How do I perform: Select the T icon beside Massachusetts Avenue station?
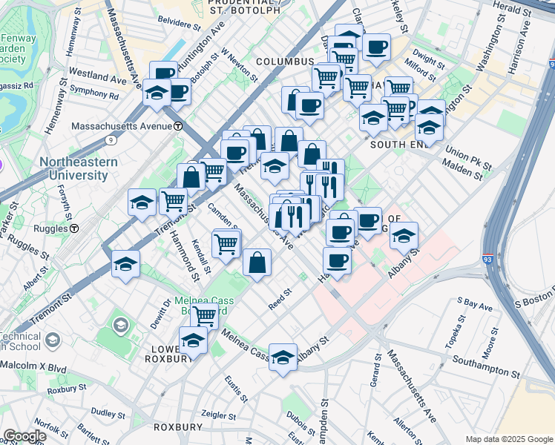(178, 126)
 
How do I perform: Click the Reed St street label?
(280, 300)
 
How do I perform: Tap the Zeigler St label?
(217, 415)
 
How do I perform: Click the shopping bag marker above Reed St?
(257, 263)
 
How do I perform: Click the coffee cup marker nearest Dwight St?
(376, 48)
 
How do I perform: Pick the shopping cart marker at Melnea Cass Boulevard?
(204, 316)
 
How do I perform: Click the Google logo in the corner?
(24, 436)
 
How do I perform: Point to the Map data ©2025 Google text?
(509, 439)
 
